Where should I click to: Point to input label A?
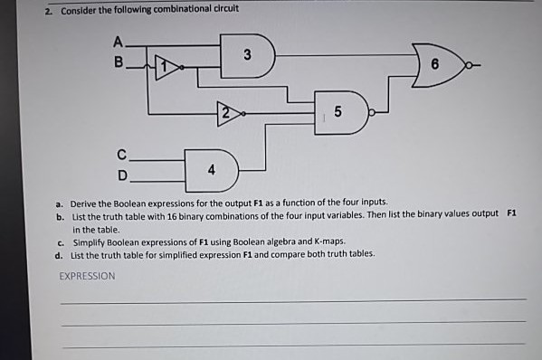[x=117, y=41]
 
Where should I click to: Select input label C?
[x=121, y=153]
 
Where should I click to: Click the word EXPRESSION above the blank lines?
[x=88, y=276]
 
